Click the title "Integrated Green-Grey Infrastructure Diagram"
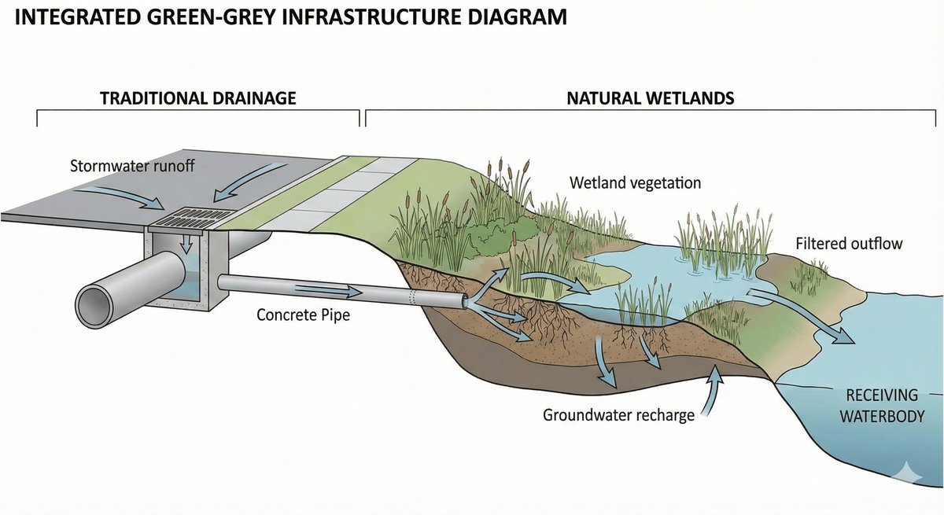coord(291,17)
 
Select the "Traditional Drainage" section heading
coord(197,98)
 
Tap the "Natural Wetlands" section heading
coord(650,98)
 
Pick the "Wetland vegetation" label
coord(635,184)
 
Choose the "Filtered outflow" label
coord(849,244)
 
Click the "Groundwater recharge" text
coord(618,414)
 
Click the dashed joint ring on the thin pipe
coord(411,297)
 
